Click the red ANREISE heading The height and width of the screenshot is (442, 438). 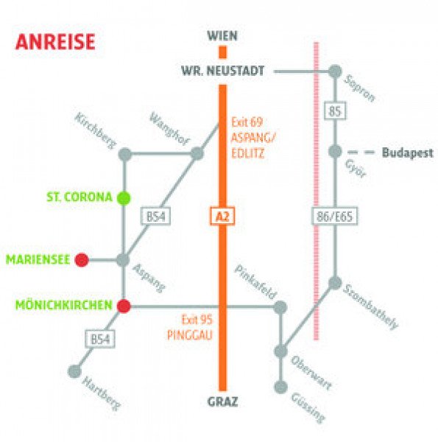coord(55,42)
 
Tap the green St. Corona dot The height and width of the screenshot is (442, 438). coord(124,198)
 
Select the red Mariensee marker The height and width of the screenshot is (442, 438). coord(82,259)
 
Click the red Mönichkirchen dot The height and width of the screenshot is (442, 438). coord(124,306)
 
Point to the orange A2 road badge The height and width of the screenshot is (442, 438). coord(222,217)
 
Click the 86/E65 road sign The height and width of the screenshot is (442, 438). coord(335,217)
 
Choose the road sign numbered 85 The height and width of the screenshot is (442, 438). coord(335,110)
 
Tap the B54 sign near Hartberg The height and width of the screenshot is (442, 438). coord(100,339)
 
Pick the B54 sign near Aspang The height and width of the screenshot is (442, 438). coord(156,217)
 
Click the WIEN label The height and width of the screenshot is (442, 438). coord(222,36)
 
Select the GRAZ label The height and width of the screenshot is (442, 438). coord(222,401)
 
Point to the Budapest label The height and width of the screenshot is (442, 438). coord(407,152)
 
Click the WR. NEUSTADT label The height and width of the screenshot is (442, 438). coord(222,71)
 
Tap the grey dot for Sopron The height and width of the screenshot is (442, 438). coord(335,71)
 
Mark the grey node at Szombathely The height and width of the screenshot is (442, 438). coord(335,283)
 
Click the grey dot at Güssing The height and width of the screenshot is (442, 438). coord(280,387)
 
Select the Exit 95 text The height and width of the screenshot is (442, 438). coord(197,320)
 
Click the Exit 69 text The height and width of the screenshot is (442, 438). coord(247,122)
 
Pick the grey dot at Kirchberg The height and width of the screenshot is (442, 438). coord(125,154)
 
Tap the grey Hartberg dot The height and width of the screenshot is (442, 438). coord(74,371)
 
